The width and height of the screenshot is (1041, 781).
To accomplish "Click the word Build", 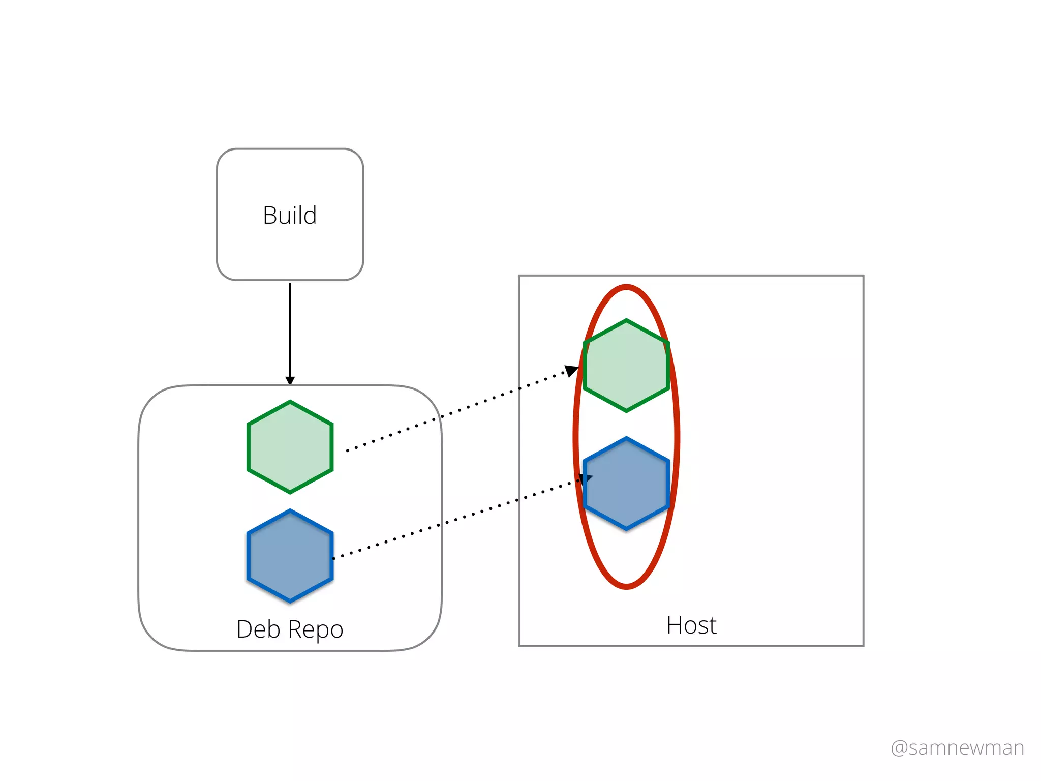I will (x=290, y=215).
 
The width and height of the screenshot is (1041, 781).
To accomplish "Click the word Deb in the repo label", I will (x=258, y=629).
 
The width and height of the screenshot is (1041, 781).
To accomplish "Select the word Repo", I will (x=316, y=630).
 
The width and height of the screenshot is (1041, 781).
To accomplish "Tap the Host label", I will (x=691, y=625).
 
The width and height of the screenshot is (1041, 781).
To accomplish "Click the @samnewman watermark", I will (x=957, y=747).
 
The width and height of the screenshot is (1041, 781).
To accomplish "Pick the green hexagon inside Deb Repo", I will (x=290, y=447).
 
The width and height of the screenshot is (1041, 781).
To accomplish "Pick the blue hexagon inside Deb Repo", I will (x=290, y=556).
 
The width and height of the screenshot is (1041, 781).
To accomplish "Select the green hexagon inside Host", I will (x=626, y=366).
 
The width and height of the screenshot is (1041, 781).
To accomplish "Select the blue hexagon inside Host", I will (x=626, y=484).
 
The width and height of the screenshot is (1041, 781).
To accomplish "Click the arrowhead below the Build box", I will (x=290, y=380).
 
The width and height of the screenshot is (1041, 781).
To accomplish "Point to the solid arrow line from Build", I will (x=290, y=331).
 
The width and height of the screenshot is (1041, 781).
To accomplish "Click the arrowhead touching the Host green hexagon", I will (x=572, y=370).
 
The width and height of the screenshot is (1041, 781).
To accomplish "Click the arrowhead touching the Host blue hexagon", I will (x=585, y=478).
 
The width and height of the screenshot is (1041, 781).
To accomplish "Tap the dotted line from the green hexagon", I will (x=457, y=411).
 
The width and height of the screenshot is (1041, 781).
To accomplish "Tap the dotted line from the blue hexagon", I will (x=457, y=519).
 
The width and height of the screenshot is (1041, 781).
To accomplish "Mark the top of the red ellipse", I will (x=626, y=287).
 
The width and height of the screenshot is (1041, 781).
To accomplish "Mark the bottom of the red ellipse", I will (x=626, y=587).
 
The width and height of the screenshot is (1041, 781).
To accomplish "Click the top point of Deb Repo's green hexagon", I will (x=290, y=402).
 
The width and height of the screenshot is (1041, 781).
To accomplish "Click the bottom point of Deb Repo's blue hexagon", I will (x=290, y=601).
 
